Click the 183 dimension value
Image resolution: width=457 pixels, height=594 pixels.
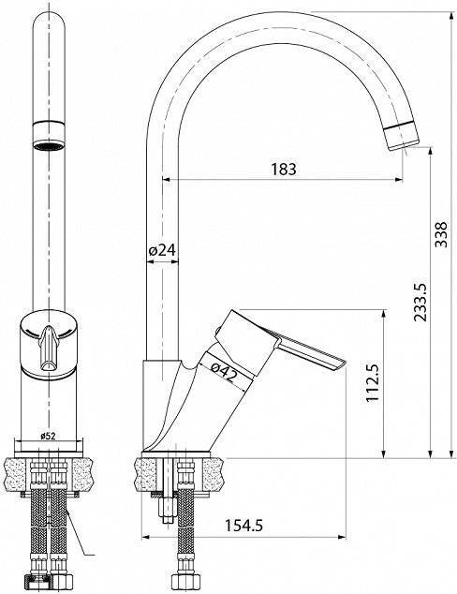(284, 169)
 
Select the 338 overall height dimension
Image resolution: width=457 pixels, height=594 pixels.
(441, 235)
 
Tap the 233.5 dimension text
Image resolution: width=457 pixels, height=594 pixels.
(420, 303)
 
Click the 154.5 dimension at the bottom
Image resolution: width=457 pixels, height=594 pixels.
(243, 525)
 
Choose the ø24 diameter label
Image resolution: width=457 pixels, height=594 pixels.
(162, 249)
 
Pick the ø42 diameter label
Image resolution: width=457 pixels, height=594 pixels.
(224, 372)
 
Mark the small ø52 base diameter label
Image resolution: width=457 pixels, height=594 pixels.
(48, 436)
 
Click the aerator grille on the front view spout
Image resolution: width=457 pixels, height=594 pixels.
(49, 146)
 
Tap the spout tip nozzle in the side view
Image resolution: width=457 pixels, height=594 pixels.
(402, 136)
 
